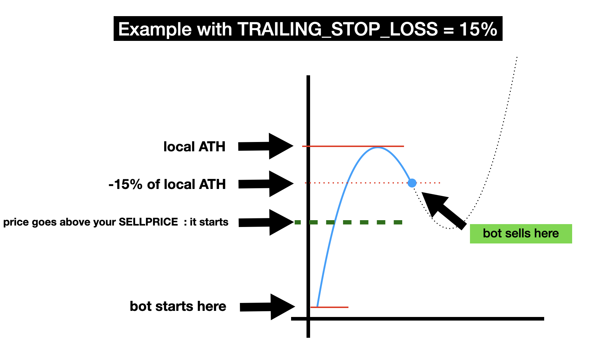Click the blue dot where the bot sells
click(x=412, y=183)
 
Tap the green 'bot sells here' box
click(x=521, y=233)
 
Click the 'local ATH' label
click(x=194, y=146)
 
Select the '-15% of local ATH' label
click(x=167, y=184)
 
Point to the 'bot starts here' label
click(x=178, y=306)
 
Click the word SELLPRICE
click(x=148, y=222)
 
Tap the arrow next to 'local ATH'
click(x=266, y=146)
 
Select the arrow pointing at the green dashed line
click(x=266, y=222)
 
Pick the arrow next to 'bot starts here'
click(x=267, y=307)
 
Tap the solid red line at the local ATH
click(x=353, y=146)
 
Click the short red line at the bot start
click(x=329, y=307)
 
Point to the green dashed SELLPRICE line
click(x=348, y=222)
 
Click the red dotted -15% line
click(x=372, y=183)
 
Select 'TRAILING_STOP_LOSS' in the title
click(x=337, y=29)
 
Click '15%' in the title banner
click(x=478, y=29)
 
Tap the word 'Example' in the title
click(x=155, y=29)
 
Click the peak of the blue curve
click(x=377, y=148)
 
